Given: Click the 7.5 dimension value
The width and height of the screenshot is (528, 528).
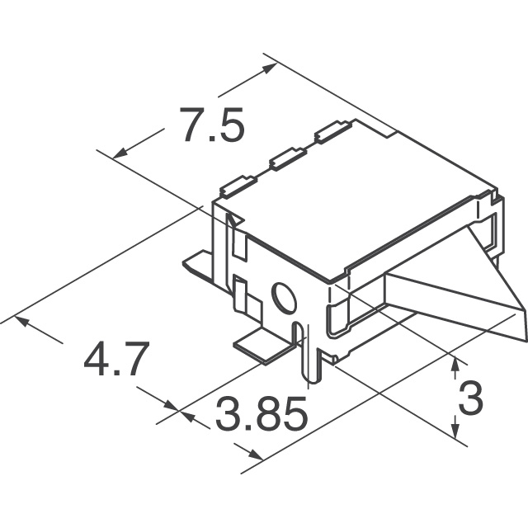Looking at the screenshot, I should tap(211, 127).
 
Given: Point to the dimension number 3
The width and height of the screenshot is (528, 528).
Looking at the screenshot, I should tap(469, 402).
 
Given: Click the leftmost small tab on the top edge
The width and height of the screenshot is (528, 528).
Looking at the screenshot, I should tap(238, 186).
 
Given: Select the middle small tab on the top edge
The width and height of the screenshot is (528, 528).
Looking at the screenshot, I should tap(285, 157).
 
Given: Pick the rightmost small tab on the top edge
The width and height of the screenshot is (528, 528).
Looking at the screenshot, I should tap(330, 130).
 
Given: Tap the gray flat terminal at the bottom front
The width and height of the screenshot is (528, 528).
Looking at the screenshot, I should tap(262, 346).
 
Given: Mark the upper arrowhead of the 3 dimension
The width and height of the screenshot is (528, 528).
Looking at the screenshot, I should tap(455, 362).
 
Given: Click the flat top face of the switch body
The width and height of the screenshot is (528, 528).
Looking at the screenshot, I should tap(346, 198).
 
